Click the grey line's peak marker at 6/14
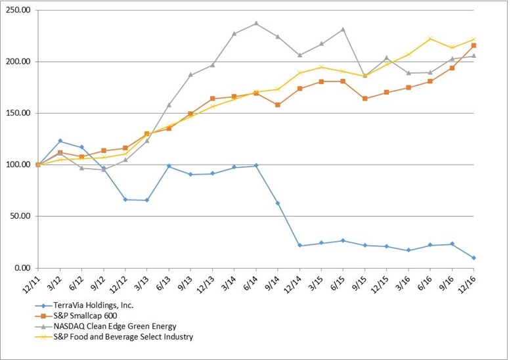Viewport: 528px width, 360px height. (256, 23)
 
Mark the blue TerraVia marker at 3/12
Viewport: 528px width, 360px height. (60, 141)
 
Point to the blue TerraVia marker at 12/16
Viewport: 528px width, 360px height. (473, 258)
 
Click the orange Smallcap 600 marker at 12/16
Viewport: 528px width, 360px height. (473, 45)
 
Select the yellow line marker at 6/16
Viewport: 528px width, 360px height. (430, 38)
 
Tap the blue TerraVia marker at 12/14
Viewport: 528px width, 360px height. (299, 245)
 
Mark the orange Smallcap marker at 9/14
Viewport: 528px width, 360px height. (278, 104)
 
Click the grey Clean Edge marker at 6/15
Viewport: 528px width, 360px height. (343, 29)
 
